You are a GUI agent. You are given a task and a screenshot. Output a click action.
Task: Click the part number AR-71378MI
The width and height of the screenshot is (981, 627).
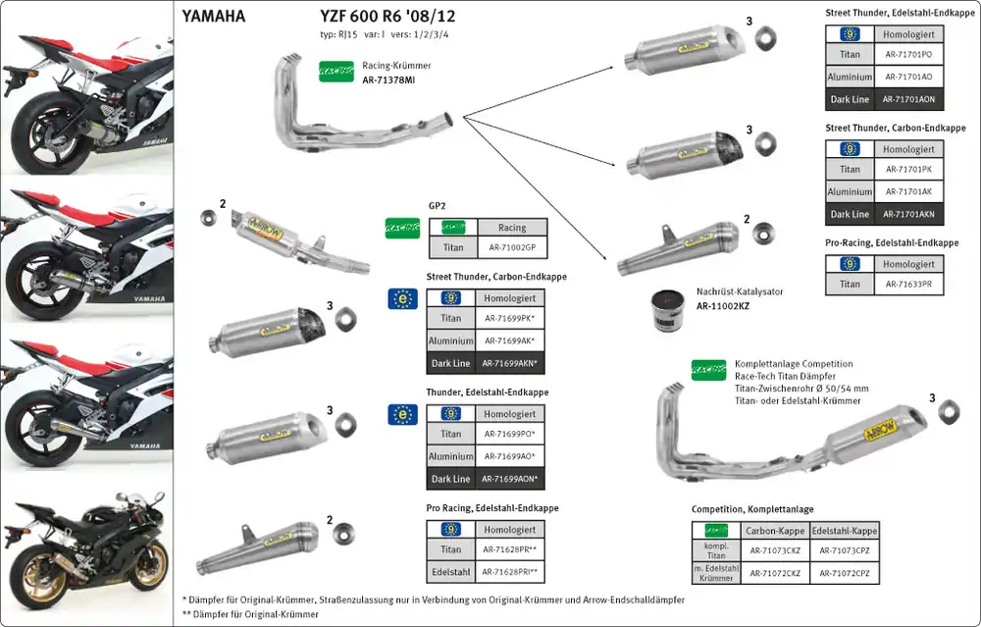387,80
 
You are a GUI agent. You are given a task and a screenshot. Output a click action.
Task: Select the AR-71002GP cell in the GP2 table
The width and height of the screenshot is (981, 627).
512,247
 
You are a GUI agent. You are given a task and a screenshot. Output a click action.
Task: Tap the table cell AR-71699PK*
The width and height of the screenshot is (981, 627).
509,318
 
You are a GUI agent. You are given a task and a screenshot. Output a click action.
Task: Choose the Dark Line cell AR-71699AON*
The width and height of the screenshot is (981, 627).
509,479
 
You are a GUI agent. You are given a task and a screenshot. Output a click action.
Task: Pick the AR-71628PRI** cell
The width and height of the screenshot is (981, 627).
509,571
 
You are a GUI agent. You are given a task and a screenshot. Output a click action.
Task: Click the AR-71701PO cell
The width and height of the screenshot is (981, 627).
908,54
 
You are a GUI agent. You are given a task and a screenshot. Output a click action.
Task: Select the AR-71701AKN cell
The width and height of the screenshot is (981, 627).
908,214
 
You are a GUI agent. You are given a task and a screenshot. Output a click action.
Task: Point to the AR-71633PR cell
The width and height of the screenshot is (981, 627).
908,285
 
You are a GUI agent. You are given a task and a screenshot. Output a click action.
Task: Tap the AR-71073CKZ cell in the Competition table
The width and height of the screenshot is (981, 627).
775,550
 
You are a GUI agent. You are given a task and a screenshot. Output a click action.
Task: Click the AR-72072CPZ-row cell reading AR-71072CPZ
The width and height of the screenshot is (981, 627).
845,573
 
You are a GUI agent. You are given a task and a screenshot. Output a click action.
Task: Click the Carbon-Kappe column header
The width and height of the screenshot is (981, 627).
775,531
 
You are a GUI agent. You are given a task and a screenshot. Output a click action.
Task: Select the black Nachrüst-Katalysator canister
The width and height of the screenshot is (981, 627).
667,310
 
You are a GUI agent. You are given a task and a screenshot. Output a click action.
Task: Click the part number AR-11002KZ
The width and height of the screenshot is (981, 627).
723,306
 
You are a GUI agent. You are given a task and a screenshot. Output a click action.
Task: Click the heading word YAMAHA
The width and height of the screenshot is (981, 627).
213,17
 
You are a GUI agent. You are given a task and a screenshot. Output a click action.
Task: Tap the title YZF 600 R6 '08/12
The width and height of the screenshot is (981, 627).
387,16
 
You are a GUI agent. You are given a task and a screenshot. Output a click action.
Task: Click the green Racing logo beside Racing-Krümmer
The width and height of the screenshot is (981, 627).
336,72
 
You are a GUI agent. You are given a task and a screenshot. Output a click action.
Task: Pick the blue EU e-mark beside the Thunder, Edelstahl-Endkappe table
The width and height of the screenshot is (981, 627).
402,415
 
